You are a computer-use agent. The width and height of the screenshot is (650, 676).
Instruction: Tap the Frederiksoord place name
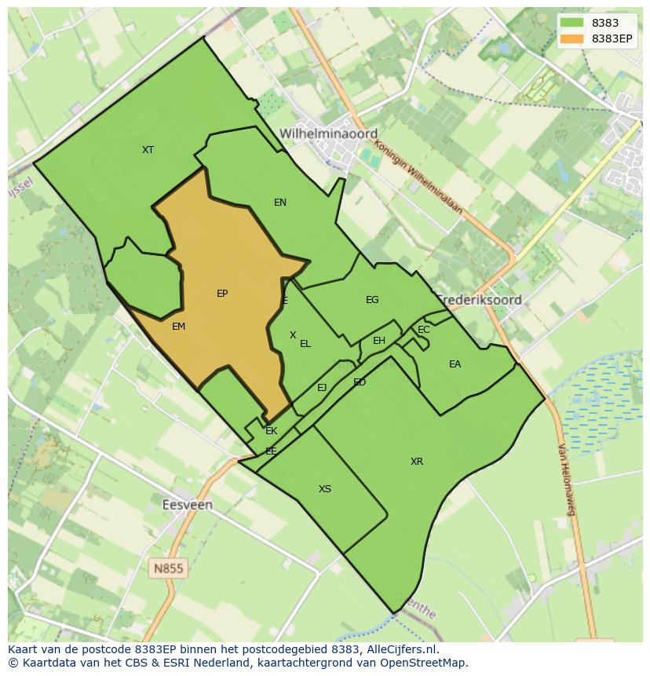click(x=480, y=299)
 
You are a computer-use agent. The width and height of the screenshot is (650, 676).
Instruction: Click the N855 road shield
click(x=169, y=567)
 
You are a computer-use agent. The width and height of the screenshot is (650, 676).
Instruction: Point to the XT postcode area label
click(x=148, y=149)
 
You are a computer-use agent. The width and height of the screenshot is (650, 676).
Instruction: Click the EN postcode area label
click(x=280, y=203)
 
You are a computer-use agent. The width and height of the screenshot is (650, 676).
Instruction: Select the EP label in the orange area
click(x=222, y=294)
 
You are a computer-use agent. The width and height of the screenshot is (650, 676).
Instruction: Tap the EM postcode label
click(x=178, y=326)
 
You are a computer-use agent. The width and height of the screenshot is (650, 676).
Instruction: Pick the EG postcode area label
click(x=372, y=300)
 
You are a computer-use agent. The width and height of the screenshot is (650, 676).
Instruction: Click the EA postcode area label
click(x=455, y=364)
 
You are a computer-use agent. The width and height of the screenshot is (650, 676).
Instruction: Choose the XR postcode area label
click(x=417, y=462)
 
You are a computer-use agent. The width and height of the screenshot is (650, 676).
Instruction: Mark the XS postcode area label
click(x=325, y=489)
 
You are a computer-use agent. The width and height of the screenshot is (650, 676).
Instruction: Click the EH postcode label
click(x=379, y=341)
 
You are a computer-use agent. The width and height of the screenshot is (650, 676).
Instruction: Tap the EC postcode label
click(x=424, y=330)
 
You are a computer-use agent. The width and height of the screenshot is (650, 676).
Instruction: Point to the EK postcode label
click(x=272, y=431)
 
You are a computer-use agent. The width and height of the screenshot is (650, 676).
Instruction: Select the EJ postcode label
click(x=322, y=388)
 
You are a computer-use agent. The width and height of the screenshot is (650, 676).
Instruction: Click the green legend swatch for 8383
click(x=571, y=23)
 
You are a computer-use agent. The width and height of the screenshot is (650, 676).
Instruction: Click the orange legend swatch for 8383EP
click(x=571, y=38)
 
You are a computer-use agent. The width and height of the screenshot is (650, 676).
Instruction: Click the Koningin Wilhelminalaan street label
click(x=418, y=177)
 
